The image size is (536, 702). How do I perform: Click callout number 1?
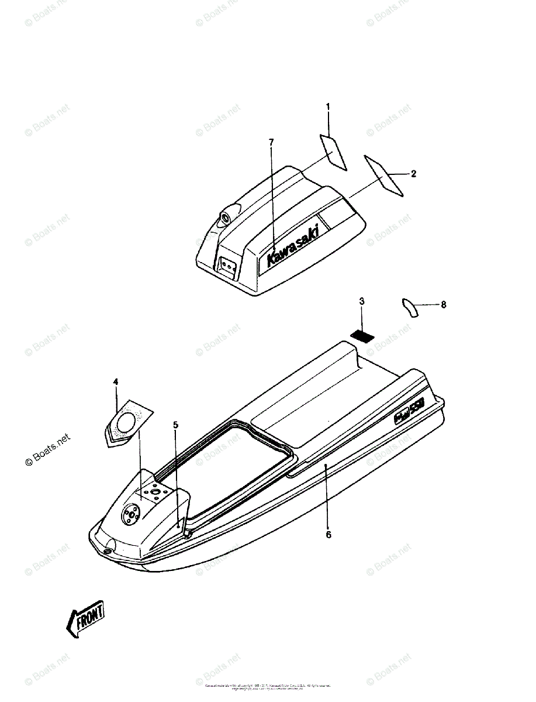coord(328,106)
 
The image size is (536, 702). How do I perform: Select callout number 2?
coord(413,174)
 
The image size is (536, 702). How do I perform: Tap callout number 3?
coord(362,301)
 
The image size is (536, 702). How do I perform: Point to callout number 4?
coord(116,381)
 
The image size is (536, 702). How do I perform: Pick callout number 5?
coord(175,425)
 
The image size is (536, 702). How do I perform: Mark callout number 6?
coord(328,534)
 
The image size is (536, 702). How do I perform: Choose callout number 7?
coord(271,142)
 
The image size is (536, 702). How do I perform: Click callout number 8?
coord(444,304)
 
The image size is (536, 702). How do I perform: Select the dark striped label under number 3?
coord(362,336)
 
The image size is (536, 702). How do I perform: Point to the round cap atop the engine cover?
coord(225,219)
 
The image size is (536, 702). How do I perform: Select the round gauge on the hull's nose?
coord(130,514)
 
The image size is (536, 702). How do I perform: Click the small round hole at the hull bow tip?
coord(108,550)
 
